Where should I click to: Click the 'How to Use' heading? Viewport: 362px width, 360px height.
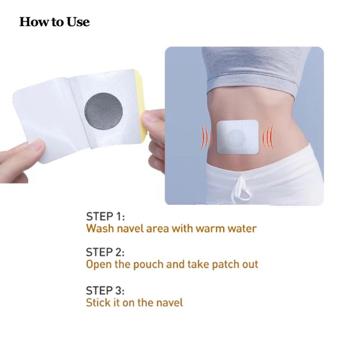click(54, 22)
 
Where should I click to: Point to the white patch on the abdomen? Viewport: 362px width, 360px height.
click(238, 137)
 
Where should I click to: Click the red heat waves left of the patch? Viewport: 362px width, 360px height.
click(206, 137)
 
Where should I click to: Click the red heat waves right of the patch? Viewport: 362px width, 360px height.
click(269, 137)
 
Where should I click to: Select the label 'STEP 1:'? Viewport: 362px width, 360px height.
click(105, 216)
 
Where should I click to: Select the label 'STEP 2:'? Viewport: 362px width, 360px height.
click(105, 252)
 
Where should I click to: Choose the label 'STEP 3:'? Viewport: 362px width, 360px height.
click(105, 290)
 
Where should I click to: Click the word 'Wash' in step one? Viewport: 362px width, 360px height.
click(100, 228)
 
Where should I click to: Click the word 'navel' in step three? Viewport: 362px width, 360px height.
click(170, 302)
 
